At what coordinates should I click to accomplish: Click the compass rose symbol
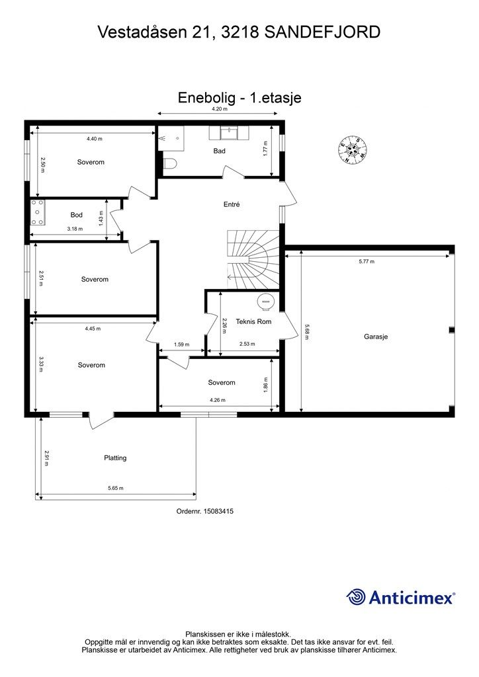tap(353, 149)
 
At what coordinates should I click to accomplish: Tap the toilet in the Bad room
tap(170, 164)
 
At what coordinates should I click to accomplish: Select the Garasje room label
tap(376, 337)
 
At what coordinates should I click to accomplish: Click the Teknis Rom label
tap(253, 322)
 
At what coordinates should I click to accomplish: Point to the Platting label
tap(115, 458)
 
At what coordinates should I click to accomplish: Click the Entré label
tap(232, 205)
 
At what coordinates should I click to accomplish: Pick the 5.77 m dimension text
tap(367, 262)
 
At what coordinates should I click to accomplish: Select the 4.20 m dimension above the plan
tap(220, 109)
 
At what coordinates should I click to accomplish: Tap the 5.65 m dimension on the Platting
tap(116, 489)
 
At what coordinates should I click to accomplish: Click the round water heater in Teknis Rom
tap(265, 301)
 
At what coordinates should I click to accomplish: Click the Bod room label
tap(77, 215)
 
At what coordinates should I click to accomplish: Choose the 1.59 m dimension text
tap(181, 344)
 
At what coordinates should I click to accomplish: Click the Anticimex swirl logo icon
tap(356, 598)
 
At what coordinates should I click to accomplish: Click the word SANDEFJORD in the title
tap(322, 32)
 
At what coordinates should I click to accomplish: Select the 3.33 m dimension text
tap(41, 364)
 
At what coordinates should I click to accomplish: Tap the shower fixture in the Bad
tap(171, 138)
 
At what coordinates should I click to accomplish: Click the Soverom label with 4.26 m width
tap(222, 383)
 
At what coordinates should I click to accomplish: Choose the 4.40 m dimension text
tap(94, 139)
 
